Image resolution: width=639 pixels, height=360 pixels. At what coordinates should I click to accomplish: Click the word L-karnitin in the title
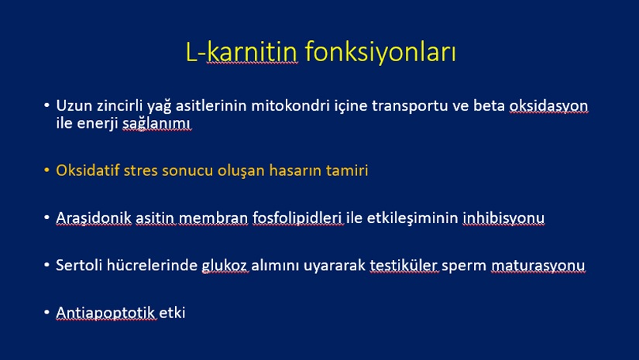[x=242, y=52]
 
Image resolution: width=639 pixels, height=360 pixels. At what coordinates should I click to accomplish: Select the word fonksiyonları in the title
[x=380, y=53]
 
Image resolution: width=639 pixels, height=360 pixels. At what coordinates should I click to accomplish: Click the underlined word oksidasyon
[x=548, y=106]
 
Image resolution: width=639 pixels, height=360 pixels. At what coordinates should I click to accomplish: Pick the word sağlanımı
[x=156, y=123]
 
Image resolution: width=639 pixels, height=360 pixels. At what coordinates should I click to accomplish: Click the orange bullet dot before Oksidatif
[x=47, y=169]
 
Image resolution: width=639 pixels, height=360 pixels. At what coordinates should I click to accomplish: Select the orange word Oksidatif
[x=88, y=170]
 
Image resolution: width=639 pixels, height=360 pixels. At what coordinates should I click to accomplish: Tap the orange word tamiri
[x=347, y=170]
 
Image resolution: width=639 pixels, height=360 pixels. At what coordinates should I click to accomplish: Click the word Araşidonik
[x=94, y=218]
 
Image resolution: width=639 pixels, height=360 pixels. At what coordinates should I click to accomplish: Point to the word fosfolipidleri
[x=297, y=218]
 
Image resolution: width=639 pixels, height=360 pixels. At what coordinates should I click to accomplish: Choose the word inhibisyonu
[x=503, y=218]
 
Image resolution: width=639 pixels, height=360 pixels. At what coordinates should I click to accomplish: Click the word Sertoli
[x=79, y=265]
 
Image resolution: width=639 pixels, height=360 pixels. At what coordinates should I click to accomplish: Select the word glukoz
[x=225, y=266]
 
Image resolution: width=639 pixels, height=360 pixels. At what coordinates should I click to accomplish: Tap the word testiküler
[x=404, y=266]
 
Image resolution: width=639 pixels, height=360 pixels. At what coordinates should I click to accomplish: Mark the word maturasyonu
[x=538, y=266]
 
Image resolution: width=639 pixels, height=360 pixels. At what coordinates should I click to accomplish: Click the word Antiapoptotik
[x=105, y=313]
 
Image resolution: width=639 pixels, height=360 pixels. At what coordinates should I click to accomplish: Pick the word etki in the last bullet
[x=172, y=313]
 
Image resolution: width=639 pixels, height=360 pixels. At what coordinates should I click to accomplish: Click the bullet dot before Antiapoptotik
[x=47, y=312]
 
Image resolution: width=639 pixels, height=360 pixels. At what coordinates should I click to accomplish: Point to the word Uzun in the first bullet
[x=74, y=105]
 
